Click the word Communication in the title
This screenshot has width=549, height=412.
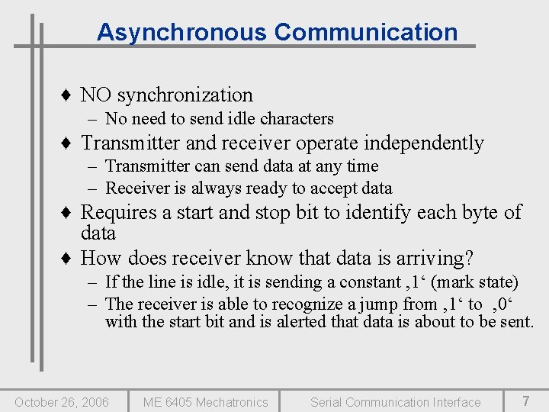[x=366, y=32]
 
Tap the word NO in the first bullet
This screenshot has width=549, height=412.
[x=95, y=95]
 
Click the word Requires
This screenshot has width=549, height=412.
[x=117, y=212]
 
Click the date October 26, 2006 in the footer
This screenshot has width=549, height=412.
[x=62, y=402]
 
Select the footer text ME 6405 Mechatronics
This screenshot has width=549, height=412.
[x=206, y=402]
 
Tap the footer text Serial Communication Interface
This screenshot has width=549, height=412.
[x=395, y=402]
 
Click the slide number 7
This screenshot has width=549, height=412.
[x=525, y=401]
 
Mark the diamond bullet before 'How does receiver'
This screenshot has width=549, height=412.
[x=68, y=259]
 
